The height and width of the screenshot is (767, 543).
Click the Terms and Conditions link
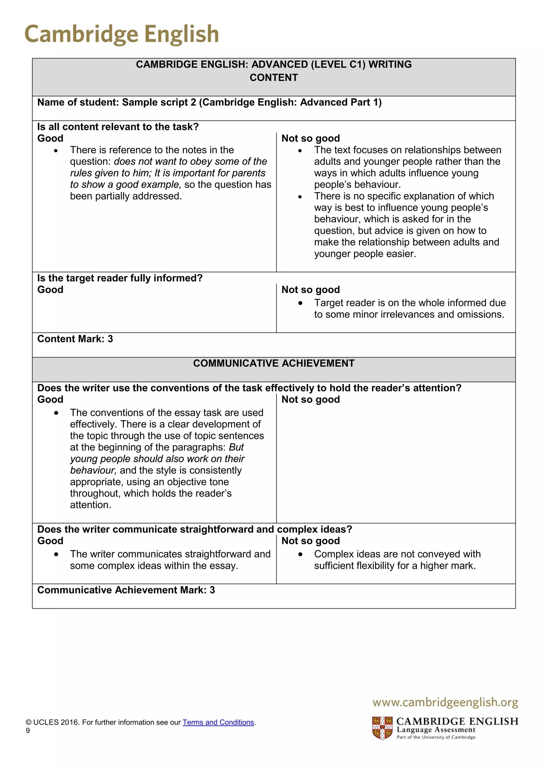(218, 722)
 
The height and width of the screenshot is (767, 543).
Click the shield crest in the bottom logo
(382, 728)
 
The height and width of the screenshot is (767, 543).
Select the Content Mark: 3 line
(75, 339)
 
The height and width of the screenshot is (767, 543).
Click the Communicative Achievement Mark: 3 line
(126, 590)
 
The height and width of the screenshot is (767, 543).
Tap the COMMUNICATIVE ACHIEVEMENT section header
(274, 363)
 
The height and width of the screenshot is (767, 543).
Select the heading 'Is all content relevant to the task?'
(118, 127)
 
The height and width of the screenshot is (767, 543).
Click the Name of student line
(209, 102)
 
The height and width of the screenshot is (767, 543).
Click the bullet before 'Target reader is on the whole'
(300, 303)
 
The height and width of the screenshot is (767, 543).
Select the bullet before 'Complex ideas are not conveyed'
(300, 554)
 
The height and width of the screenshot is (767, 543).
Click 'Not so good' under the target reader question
(310, 290)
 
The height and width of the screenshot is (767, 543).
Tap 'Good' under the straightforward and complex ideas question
(50, 541)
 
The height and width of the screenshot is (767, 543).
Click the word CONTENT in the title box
(274, 78)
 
